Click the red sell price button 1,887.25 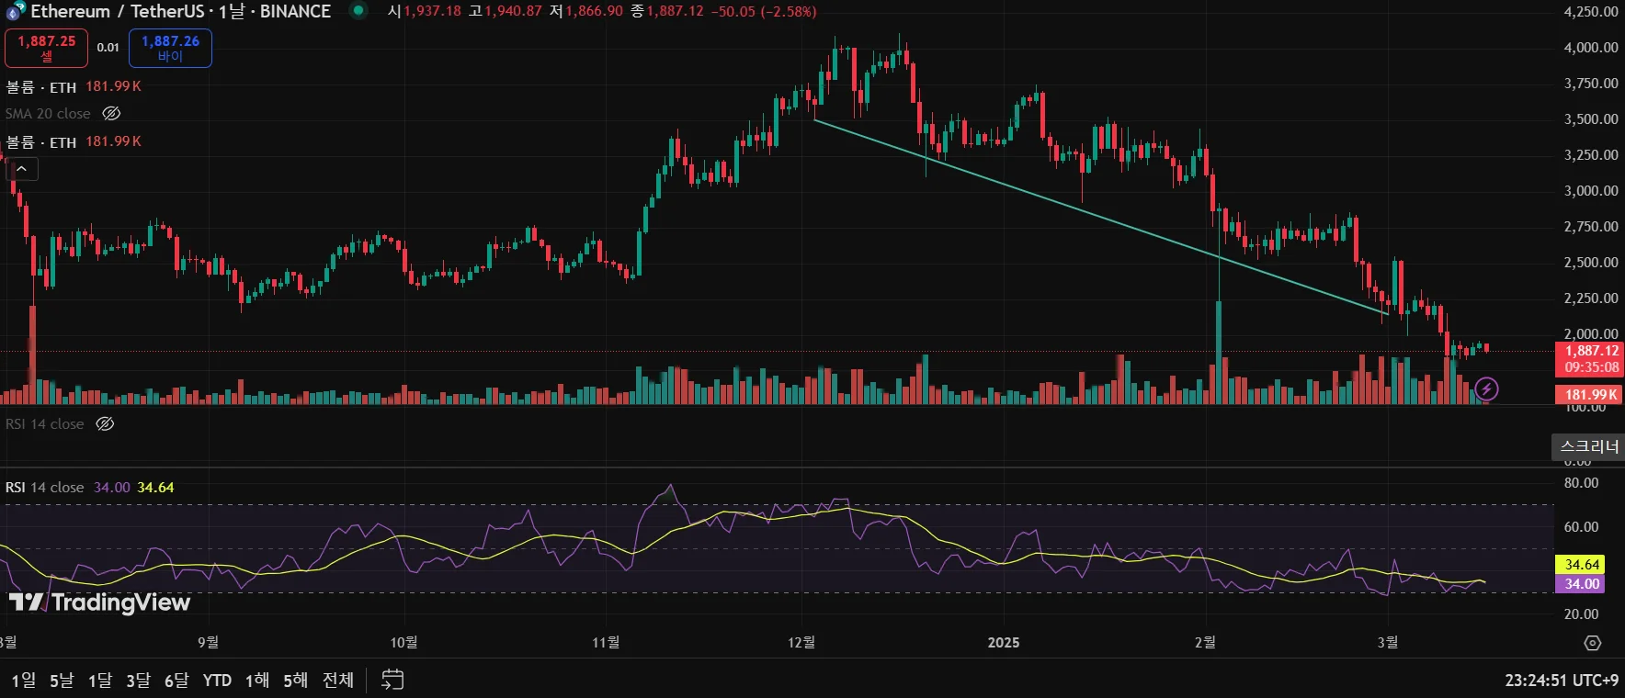tap(46, 48)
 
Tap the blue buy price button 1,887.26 tap(170, 48)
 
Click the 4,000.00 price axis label tap(1591, 48)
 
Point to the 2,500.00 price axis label tap(1591, 263)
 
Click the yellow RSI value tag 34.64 tap(1582, 565)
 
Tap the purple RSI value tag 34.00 tap(1582, 584)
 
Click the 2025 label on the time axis tap(1003, 643)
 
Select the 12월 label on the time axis tap(801, 643)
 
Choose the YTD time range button tap(217, 681)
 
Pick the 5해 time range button tap(295, 681)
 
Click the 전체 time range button tap(337, 681)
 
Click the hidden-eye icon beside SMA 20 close tap(111, 114)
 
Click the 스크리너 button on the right tap(1589, 447)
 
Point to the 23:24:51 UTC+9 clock tap(1561, 681)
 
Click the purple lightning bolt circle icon tap(1486, 389)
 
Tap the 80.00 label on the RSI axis tap(1581, 483)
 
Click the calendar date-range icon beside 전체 tap(392, 681)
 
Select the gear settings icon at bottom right tap(1593, 643)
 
